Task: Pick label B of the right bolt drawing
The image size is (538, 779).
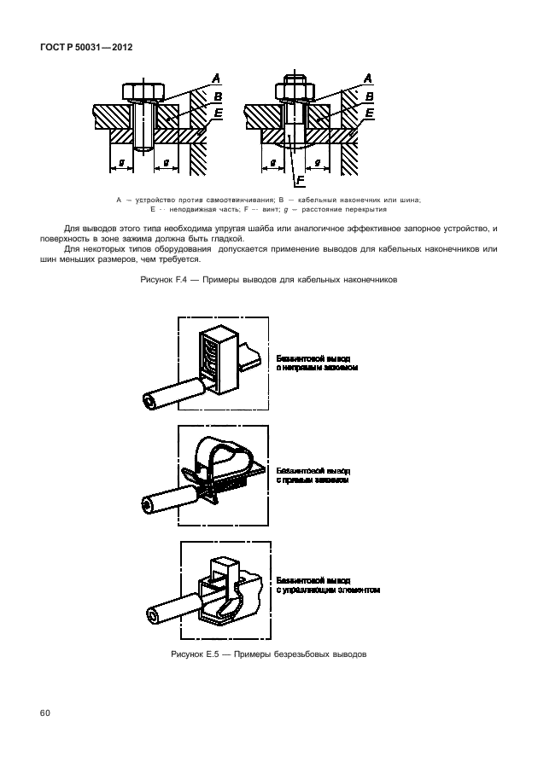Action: click(x=368, y=96)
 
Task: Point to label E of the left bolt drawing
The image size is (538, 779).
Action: click(x=219, y=112)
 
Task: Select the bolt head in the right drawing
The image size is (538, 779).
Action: click(x=293, y=90)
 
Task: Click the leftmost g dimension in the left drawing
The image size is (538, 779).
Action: click(x=121, y=161)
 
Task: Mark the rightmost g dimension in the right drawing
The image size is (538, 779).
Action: click(x=317, y=161)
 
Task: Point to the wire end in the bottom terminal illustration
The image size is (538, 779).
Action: click(x=155, y=616)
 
